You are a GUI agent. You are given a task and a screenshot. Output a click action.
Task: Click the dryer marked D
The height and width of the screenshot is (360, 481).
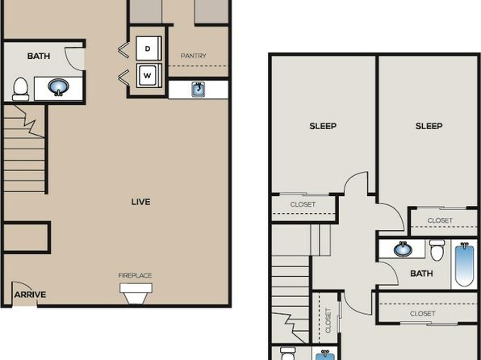(x=148, y=48)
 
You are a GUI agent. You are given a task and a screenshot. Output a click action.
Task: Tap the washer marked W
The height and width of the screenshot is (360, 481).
(x=148, y=75)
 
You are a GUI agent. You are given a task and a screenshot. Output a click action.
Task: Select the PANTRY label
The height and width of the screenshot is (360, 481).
(x=193, y=56)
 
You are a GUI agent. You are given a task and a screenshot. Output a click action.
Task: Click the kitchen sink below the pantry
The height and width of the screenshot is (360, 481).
(x=199, y=90)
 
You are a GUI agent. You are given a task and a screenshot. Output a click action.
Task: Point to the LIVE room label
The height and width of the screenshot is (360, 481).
(x=140, y=202)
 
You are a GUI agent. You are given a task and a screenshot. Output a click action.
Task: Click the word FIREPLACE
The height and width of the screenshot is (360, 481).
(x=135, y=275)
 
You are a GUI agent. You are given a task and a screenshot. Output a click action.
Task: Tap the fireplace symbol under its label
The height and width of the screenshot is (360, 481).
(x=136, y=293)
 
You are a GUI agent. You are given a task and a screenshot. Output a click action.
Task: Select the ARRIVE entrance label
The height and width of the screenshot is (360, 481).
(x=30, y=295)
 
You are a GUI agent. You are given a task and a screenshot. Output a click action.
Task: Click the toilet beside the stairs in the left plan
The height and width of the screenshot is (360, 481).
(x=20, y=89)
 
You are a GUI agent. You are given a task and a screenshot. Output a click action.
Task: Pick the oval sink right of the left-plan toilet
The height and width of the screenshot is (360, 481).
(x=58, y=87)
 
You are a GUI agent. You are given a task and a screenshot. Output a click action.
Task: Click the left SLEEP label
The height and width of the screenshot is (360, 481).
(x=323, y=126)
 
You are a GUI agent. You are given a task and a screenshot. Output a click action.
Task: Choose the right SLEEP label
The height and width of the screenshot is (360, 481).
(x=429, y=126)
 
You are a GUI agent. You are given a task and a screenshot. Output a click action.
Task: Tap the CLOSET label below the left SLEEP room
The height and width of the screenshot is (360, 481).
(x=303, y=204)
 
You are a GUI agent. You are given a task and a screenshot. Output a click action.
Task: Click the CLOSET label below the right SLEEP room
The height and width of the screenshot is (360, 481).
(x=440, y=220)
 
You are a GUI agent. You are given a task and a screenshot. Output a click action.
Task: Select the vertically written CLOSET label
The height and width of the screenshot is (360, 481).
(x=328, y=320)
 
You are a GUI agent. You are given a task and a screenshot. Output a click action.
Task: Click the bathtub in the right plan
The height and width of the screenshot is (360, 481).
(x=464, y=264)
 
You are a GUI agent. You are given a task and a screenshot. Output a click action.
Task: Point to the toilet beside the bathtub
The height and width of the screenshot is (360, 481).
(x=437, y=250)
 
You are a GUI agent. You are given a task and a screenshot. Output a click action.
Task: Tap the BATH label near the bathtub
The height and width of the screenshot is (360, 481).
(x=421, y=274)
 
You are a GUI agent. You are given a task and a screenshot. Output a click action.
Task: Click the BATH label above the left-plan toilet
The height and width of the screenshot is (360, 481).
(x=39, y=57)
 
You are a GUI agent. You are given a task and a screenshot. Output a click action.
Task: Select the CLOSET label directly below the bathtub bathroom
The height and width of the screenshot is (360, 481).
(x=423, y=314)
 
